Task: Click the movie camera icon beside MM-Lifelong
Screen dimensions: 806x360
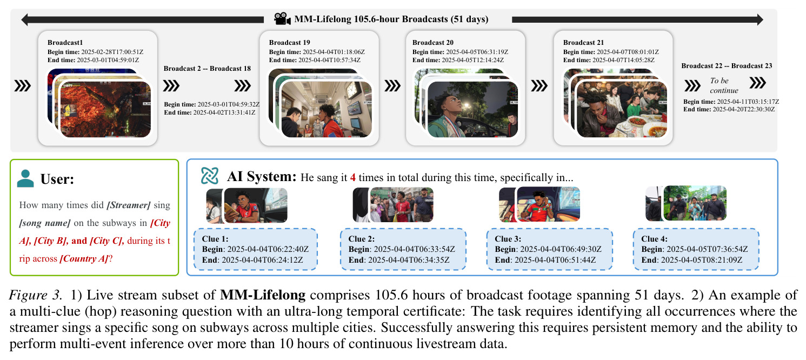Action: pyautogui.click(x=283, y=19)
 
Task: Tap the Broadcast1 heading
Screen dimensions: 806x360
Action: pyautogui.click(x=65, y=43)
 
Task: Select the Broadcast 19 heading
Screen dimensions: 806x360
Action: pyautogui.click(x=289, y=43)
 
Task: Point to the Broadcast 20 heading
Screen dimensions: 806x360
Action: pyautogui.click(x=433, y=43)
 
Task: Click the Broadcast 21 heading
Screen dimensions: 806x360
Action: pyautogui.click(x=584, y=43)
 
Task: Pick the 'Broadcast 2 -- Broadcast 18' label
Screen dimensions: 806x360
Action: pyautogui.click(x=207, y=68)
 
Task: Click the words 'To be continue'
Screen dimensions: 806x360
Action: pyautogui.click(x=724, y=85)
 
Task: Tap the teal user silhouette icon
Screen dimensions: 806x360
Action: pyautogui.click(x=25, y=178)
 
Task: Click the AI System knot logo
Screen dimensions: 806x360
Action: pyautogui.click(x=210, y=176)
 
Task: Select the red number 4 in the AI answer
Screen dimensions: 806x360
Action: pyautogui.click(x=352, y=178)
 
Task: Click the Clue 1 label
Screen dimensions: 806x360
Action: pyautogui.click(x=215, y=239)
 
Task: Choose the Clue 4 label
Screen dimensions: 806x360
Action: pyautogui.click(x=655, y=239)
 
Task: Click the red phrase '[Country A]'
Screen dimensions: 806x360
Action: pyautogui.click(x=84, y=258)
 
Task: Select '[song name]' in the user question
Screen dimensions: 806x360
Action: pyautogui.click(x=45, y=223)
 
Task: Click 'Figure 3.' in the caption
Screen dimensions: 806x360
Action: pyautogui.click(x=36, y=295)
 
